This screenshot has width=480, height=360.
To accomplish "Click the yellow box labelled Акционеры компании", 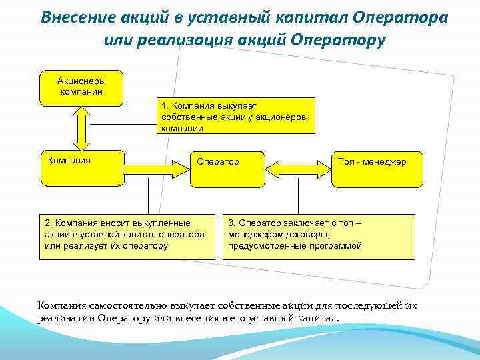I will pos(81,87).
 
